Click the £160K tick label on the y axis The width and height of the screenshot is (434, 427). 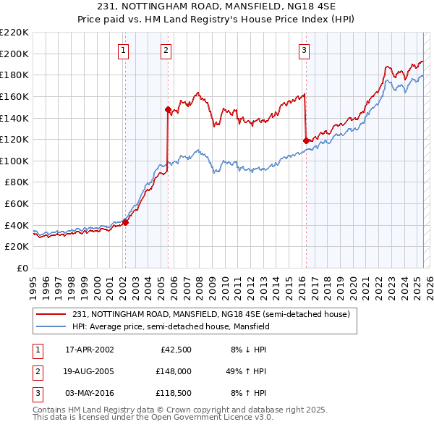click(14, 96)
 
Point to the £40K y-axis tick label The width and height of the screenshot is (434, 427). click(17, 225)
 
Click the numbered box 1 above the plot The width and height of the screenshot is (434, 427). click(124, 50)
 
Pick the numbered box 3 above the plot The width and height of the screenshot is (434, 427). click(304, 50)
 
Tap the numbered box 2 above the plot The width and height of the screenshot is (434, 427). click(166, 50)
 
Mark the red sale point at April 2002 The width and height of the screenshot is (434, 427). click(125, 223)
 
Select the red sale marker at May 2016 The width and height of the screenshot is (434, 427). click(306, 140)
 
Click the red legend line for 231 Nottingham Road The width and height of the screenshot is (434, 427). click(52, 314)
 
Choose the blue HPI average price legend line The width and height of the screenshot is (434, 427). click(52, 326)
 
